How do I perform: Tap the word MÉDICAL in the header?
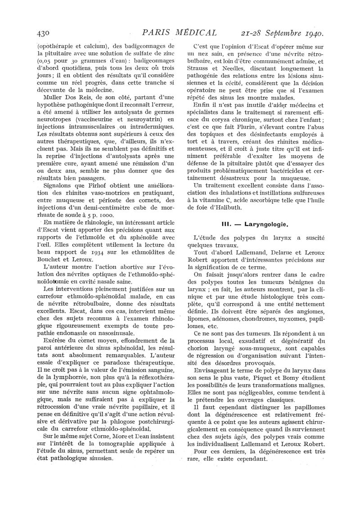click(x=194, y=33)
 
